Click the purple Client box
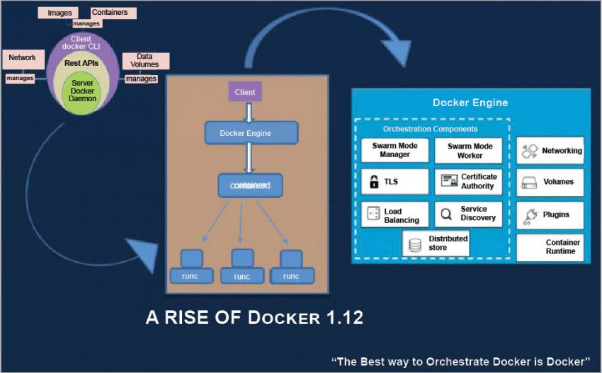click(x=244, y=92)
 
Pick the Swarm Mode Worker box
click(x=469, y=150)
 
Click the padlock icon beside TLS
click(x=373, y=182)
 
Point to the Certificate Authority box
click(x=469, y=181)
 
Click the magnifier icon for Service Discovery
click(x=447, y=214)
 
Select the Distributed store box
click(x=436, y=243)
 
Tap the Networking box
click(x=550, y=151)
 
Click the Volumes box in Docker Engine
click(x=550, y=182)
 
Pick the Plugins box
click(x=550, y=214)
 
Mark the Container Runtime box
click(x=550, y=247)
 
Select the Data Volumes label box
click(x=145, y=60)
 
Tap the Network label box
click(x=22, y=57)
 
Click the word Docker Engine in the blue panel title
click(x=470, y=103)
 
